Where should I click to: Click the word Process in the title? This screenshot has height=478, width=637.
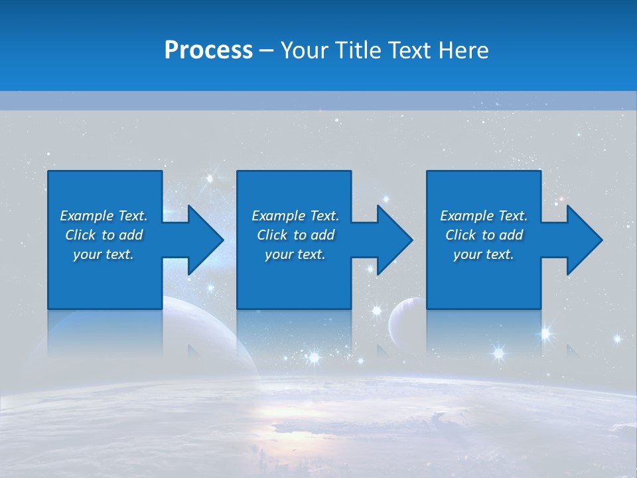tap(208, 50)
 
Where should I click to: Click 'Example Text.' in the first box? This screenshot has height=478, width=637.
tap(104, 216)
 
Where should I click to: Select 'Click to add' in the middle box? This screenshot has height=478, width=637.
tap(295, 235)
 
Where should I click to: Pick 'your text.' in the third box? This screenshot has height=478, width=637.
tap(484, 254)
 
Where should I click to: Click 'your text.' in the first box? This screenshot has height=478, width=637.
tap(104, 254)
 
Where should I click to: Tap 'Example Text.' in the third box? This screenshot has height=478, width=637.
tap(484, 216)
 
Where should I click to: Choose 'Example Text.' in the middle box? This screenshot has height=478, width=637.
tap(295, 216)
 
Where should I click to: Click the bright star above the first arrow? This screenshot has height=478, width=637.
tap(211, 178)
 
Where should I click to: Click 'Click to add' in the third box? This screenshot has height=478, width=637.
tap(484, 235)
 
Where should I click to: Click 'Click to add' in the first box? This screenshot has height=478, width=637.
tap(104, 235)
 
